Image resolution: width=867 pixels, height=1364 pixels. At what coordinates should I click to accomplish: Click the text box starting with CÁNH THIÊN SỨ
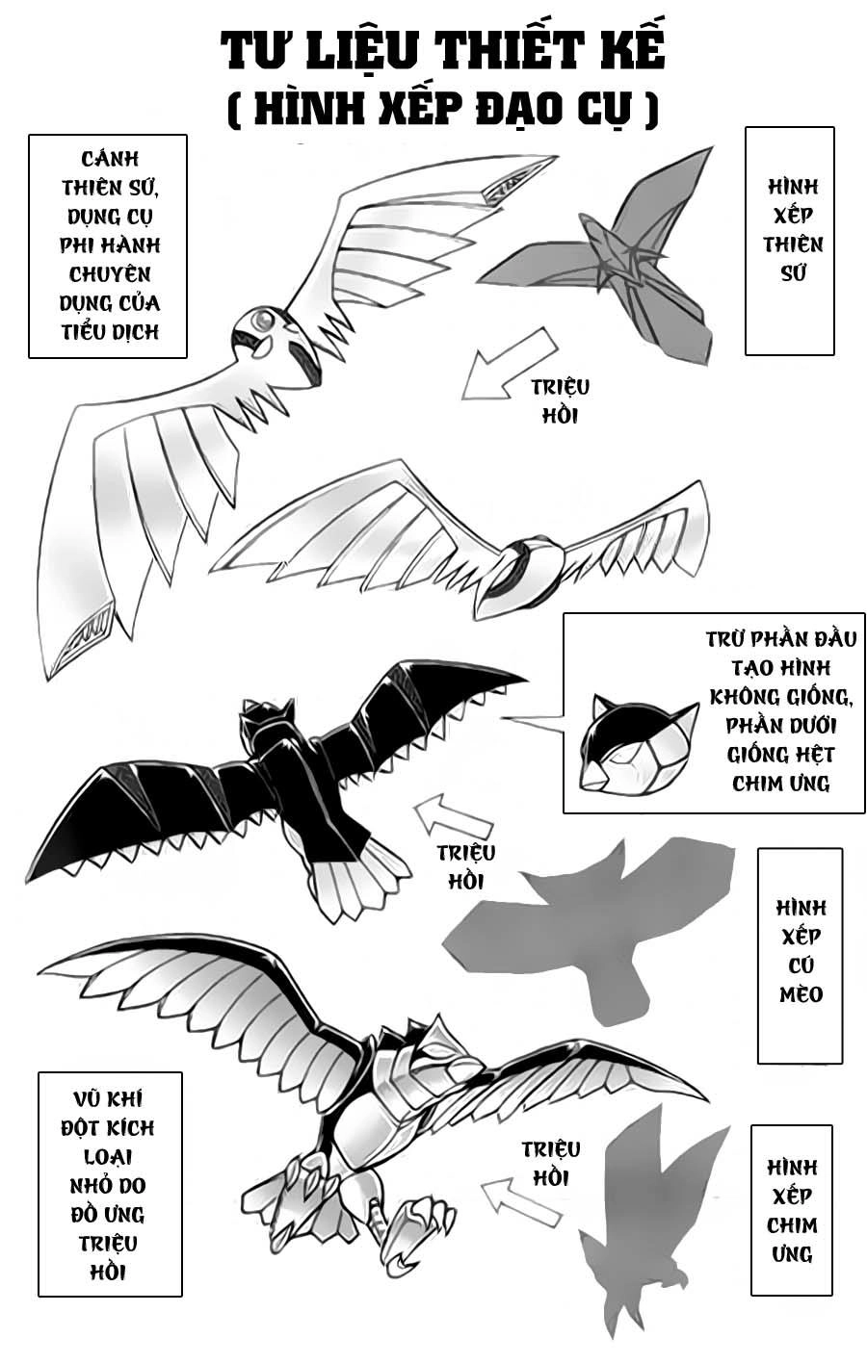(x=108, y=245)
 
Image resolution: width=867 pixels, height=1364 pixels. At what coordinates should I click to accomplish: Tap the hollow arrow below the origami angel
(x=508, y=363)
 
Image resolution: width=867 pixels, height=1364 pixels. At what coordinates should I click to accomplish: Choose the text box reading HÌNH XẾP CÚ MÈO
(x=800, y=954)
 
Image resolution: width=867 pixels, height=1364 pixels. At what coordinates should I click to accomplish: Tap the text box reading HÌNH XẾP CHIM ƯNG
(x=791, y=1209)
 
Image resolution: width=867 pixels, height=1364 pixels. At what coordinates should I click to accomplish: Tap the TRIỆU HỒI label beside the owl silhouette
(x=465, y=865)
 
